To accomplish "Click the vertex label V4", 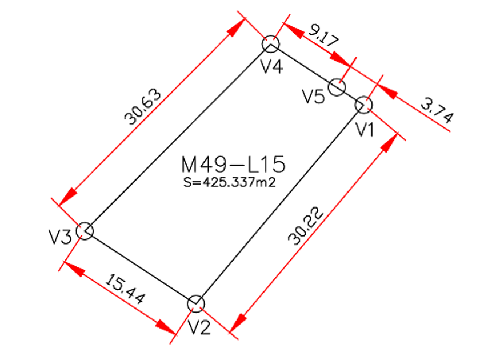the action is [x=272, y=66].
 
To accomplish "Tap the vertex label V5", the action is [x=313, y=96].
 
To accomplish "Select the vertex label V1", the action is [x=365, y=129].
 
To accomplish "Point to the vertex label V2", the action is [x=199, y=327].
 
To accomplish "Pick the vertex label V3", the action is [x=60, y=237].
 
